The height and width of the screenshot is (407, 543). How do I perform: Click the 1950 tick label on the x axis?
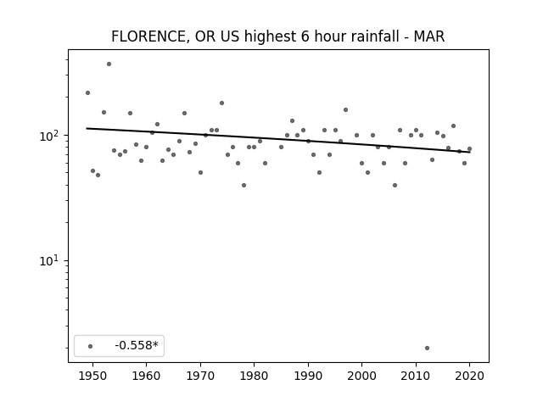point(92,376)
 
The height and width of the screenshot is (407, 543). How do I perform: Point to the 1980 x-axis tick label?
point(254,376)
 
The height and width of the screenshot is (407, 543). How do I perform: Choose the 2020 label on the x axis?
point(469,376)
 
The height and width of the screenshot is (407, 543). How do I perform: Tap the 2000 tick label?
point(362,376)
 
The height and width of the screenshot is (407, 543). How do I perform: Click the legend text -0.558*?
point(137,345)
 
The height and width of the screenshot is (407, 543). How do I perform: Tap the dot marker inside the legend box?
point(91,346)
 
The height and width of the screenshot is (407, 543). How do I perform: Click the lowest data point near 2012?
point(427,348)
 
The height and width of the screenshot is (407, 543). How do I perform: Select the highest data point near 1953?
point(109,64)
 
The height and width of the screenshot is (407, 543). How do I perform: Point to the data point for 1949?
point(87,92)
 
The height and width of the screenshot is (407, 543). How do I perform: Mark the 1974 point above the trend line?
point(221,103)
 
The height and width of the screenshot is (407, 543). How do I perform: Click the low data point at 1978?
point(244,185)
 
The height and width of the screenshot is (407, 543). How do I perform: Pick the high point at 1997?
point(345,109)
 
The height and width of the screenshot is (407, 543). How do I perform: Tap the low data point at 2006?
point(395,185)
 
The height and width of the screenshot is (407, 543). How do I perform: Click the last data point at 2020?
point(469,149)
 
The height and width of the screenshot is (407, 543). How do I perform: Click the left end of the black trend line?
point(87,128)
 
